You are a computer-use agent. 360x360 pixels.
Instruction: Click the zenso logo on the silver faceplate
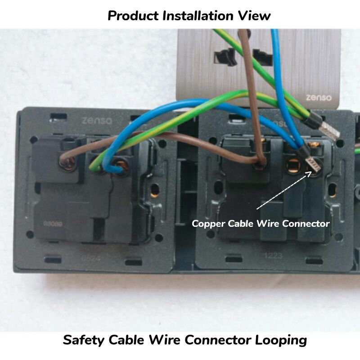click(319, 97)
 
